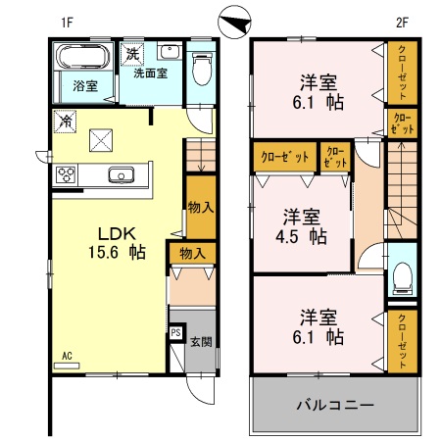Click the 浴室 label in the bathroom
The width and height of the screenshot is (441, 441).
84,85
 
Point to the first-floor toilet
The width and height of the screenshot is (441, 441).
201,70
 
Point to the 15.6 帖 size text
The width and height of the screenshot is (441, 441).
116,253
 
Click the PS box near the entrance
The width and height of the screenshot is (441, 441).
175,333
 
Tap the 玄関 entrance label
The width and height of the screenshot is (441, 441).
200,342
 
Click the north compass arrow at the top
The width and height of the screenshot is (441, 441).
235,19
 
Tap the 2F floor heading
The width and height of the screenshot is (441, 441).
401,19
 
